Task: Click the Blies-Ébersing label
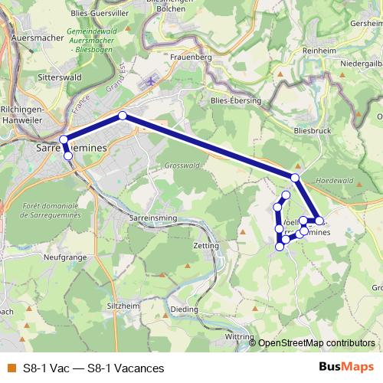point(236,100)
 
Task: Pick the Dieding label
point(184,309)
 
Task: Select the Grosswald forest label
point(182,165)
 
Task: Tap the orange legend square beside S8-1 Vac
point(10,368)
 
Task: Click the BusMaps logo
point(346,368)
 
